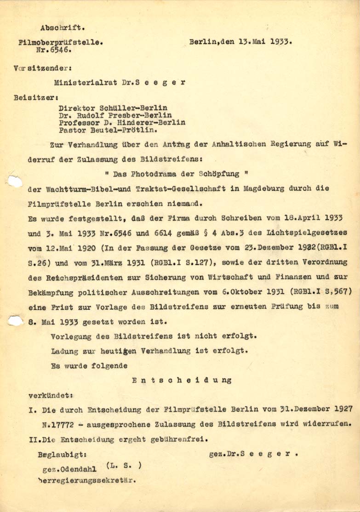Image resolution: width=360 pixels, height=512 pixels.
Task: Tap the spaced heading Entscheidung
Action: click(x=182, y=381)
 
